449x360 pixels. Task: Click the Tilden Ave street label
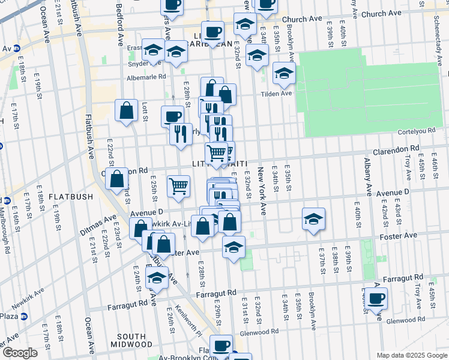[276, 93]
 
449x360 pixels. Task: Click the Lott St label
[145, 111]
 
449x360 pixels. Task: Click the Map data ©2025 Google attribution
[411, 355]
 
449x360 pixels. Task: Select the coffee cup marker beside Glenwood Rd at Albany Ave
[377, 298]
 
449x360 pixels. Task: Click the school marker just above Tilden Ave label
[284, 74]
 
